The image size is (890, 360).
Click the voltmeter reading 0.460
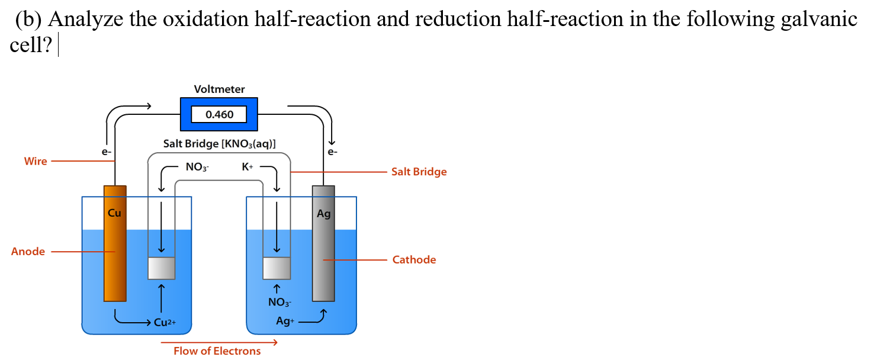click(219, 114)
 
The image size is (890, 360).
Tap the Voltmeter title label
click(219, 89)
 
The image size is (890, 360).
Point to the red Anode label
click(28, 252)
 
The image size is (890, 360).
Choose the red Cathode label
click(414, 260)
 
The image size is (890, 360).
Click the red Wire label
click(36, 161)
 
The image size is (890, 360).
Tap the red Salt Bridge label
click(419, 172)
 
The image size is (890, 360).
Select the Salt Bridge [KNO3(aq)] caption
click(219, 144)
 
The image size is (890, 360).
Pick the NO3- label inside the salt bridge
click(197, 168)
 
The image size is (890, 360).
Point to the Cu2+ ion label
click(165, 323)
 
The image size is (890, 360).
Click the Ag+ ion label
click(285, 322)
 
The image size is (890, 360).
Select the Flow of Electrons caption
click(217, 351)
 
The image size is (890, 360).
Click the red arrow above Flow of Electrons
click(219, 342)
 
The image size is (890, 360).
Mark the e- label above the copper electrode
click(106, 152)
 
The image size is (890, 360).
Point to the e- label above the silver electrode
click(333, 152)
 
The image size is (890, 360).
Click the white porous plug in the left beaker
click(161, 268)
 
